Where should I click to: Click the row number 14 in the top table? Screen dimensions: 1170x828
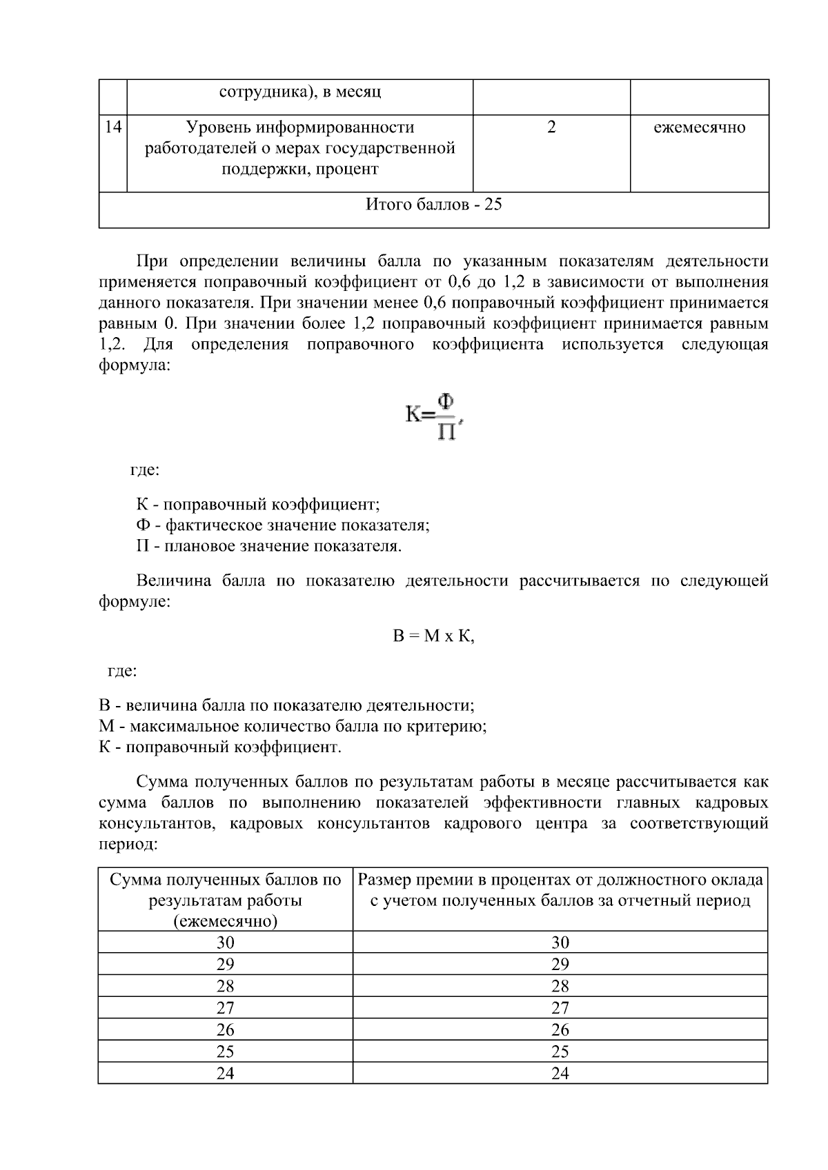point(113,128)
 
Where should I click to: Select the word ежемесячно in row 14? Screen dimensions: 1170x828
point(699,128)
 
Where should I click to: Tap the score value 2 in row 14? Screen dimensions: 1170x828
point(551,128)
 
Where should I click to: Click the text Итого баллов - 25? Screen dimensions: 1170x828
point(433,205)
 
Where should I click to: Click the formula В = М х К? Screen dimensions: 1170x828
point(434,636)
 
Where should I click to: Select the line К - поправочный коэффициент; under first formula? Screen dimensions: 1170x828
point(257,505)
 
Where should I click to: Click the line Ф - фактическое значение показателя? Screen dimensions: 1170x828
point(282,525)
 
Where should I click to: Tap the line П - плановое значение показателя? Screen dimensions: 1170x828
point(268,547)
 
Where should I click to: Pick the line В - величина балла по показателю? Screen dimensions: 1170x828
point(286,706)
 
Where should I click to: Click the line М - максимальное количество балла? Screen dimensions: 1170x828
point(293,727)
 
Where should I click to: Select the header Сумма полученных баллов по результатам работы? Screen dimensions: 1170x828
point(226,900)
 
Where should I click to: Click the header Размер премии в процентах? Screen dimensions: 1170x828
point(560,890)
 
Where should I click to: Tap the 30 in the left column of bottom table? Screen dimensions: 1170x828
point(226,942)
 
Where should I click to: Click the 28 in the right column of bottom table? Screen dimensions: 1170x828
point(560,986)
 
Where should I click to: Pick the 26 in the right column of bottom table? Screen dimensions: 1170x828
point(560,1030)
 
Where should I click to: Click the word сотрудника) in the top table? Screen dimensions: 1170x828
point(257,92)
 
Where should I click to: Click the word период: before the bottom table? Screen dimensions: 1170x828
point(128,845)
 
